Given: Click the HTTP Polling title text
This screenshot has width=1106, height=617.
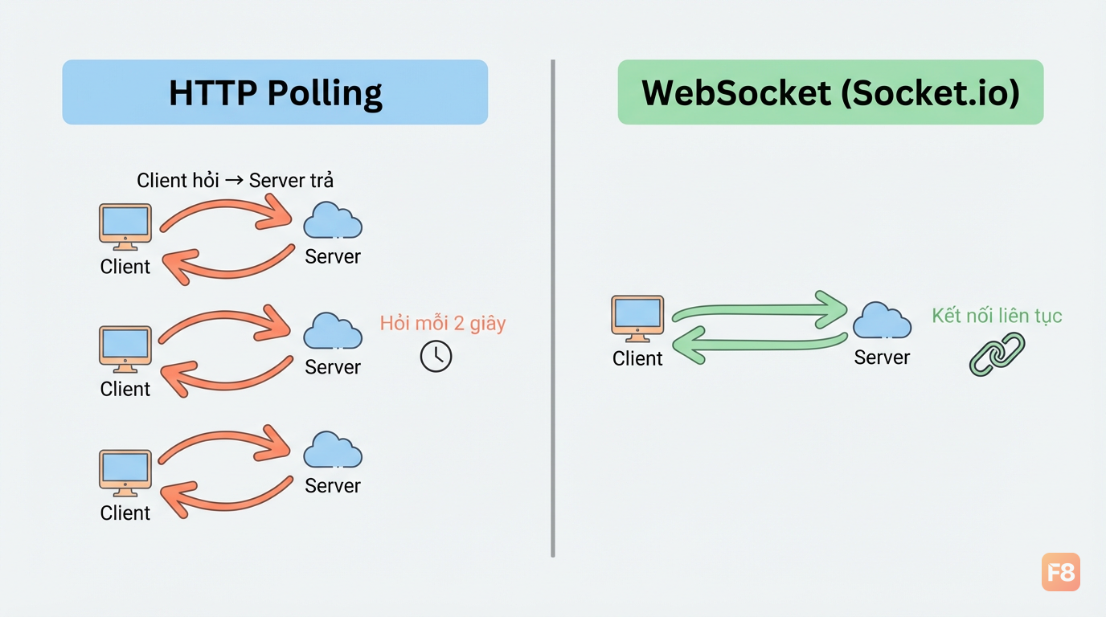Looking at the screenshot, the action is tap(276, 93).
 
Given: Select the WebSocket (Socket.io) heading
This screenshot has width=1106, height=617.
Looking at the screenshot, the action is tap(830, 93).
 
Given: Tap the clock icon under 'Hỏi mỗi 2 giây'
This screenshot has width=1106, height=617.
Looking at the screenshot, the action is tap(436, 356).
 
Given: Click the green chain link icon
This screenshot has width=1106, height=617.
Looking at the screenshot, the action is tap(997, 354).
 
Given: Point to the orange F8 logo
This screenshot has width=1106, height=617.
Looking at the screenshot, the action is tap(1060, 572).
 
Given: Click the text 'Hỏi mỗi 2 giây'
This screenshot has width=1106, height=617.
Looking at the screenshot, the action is tap(443, 324).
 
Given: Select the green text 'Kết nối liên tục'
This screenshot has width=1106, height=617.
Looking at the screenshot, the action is tap(997, 316).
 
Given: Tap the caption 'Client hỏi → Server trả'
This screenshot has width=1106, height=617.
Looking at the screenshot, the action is tap(235, 180).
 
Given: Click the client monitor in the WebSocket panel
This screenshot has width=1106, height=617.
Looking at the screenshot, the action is tap(637, 319).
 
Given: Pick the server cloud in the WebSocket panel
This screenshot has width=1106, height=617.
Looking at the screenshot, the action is tap(883, 321).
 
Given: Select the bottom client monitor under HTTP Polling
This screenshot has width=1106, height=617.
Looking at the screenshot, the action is tap(125, 473).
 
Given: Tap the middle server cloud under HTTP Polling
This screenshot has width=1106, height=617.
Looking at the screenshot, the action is tap(333, 331).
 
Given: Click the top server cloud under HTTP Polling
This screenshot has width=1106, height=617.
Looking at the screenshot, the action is tap(333, 220).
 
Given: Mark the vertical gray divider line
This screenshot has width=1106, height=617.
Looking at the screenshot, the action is tap(553, 308).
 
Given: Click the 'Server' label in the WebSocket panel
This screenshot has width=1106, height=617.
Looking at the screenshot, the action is tap(882, 358).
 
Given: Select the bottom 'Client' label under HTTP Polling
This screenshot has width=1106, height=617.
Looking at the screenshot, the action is tap(125, 513).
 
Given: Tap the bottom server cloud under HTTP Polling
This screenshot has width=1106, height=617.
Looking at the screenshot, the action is tap(333, 450).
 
